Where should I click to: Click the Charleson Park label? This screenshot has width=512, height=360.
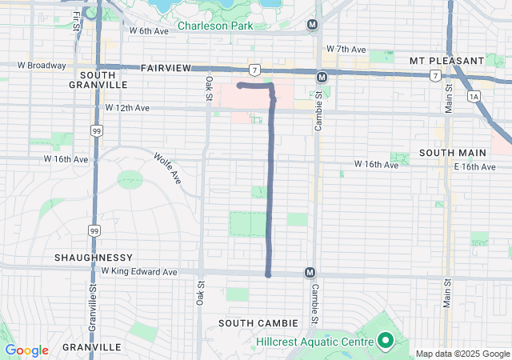coord(214,26)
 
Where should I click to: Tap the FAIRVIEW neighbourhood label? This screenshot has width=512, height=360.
coord(166,70)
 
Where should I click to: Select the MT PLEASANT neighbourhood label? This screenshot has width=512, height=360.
coord(446,61)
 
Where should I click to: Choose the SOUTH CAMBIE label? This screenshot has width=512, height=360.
coord(259,322)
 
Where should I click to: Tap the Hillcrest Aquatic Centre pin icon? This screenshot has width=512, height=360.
coord(385,342)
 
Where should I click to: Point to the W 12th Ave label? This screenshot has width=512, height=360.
coord(127,107)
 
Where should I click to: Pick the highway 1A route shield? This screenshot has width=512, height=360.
coord(474,96)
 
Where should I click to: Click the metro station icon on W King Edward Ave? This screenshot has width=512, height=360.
coord(310,273)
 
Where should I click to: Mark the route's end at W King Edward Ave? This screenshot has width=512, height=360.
coord(268,274)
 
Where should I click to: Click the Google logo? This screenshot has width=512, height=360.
coord(26,350)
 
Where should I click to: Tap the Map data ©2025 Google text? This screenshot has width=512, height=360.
coord(462,354)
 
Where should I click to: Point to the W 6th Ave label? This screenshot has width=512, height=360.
coord(149,31)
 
